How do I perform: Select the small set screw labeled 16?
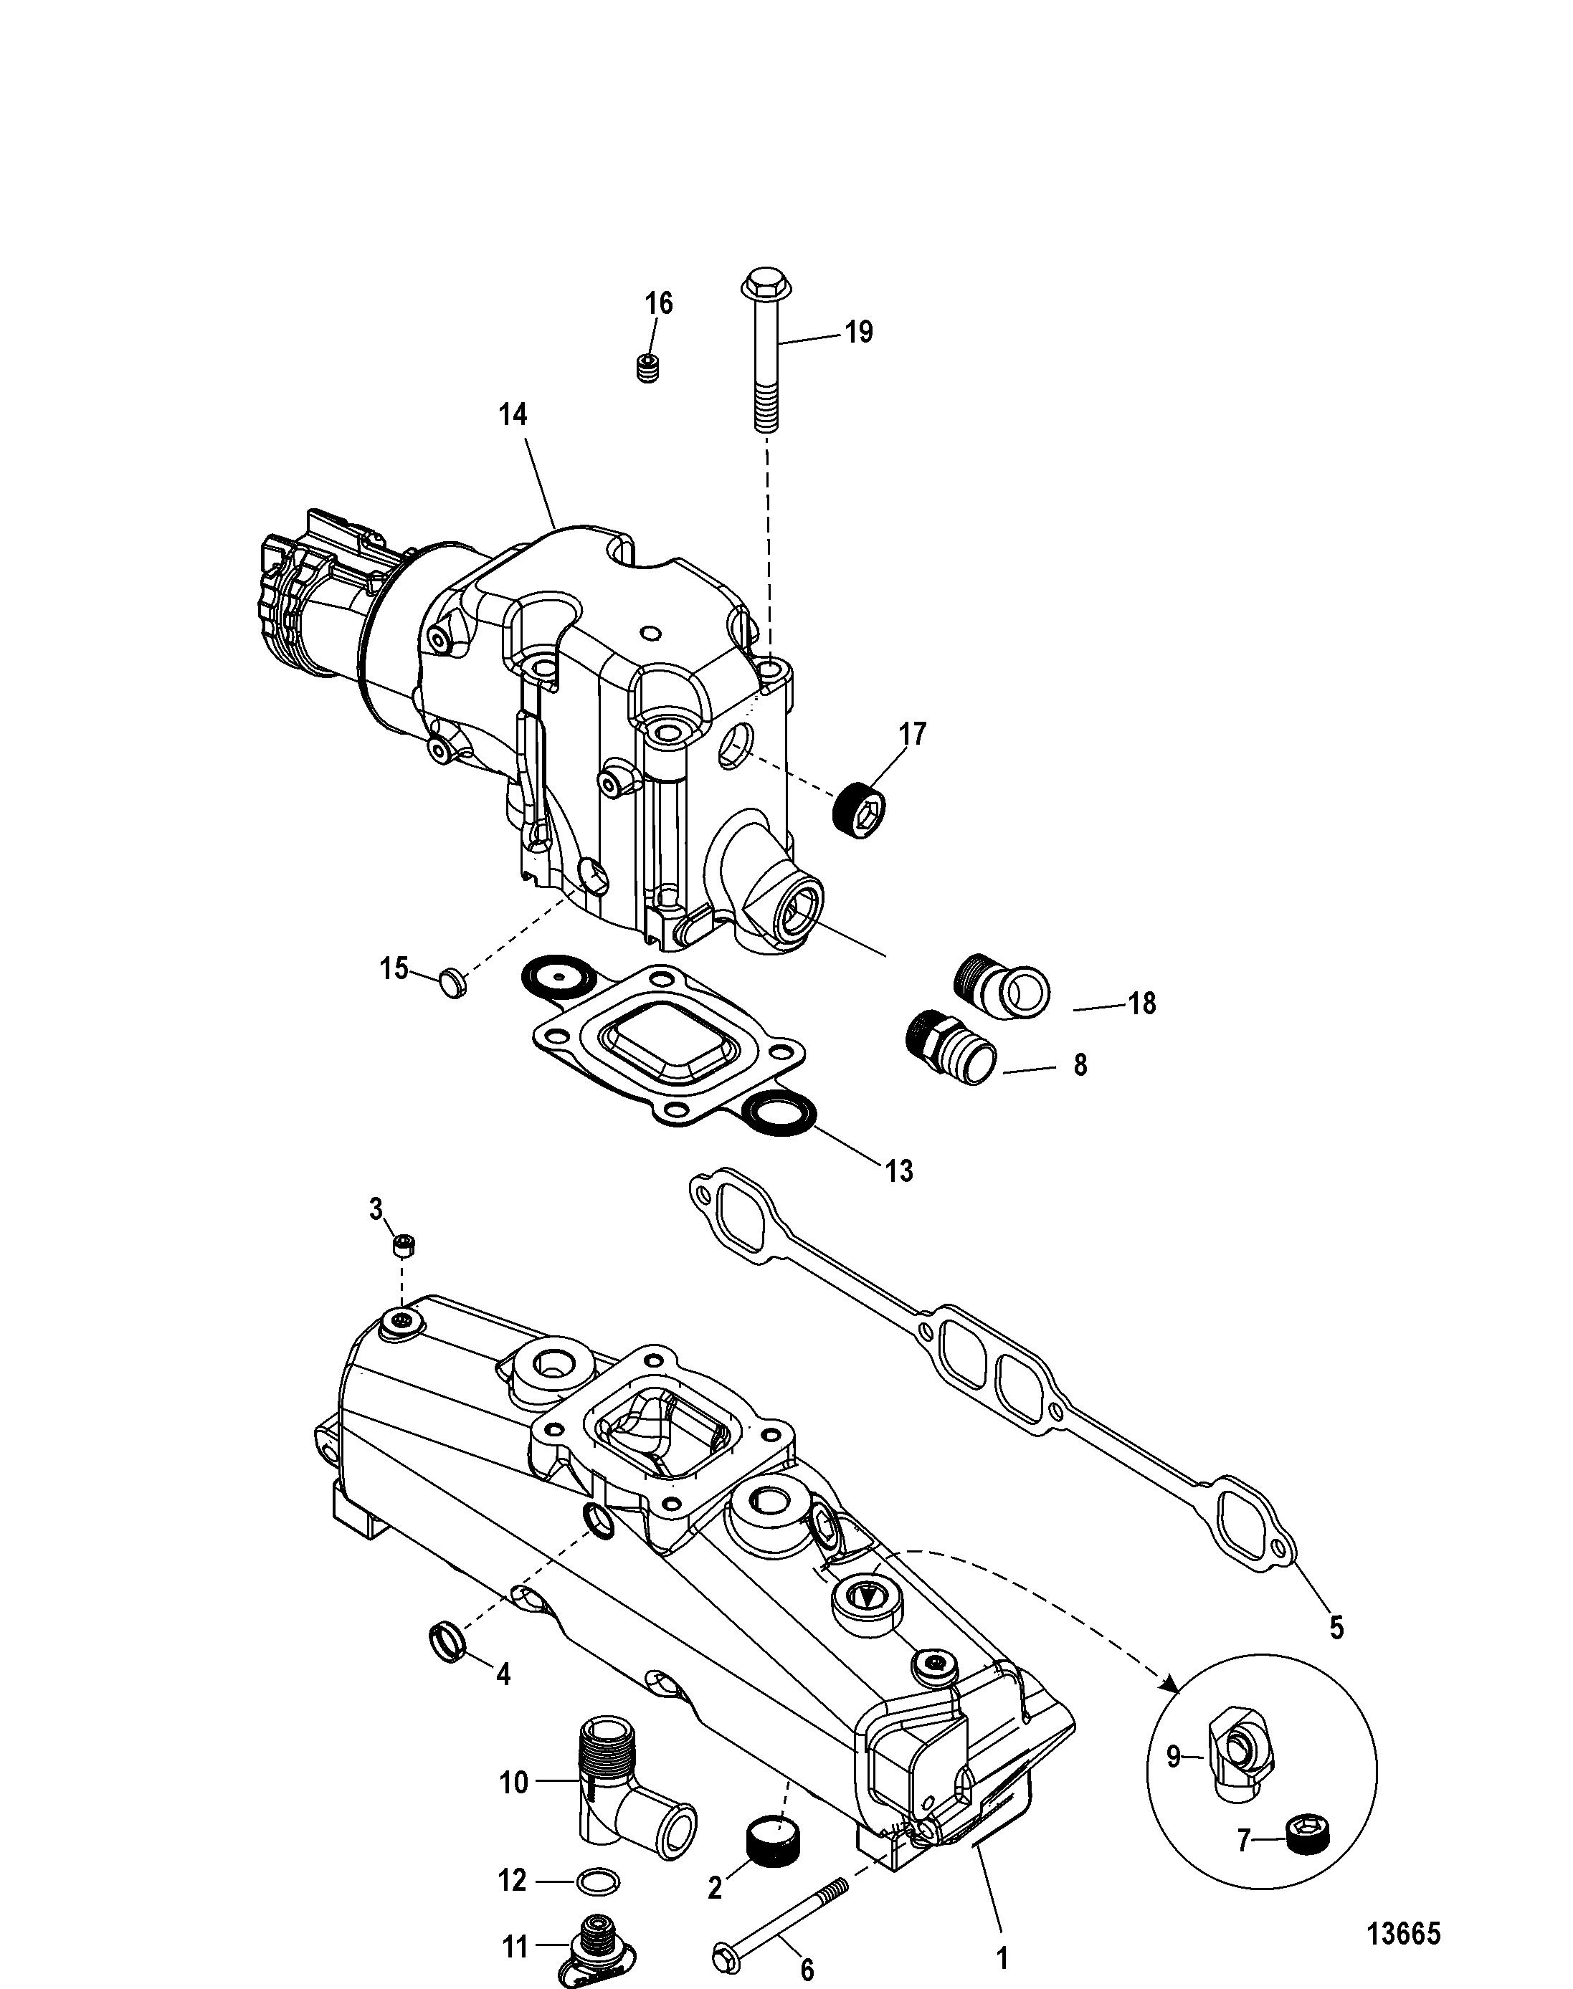(650, 368)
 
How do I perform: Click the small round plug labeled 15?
(451, 983)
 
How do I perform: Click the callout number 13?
(899, 1171)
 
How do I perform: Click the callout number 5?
(1336, 1628)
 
